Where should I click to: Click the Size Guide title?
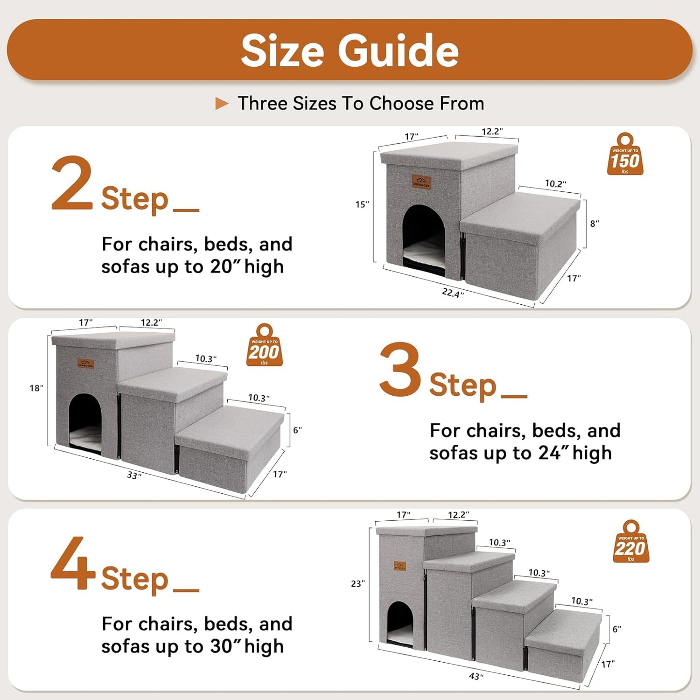point(350,51)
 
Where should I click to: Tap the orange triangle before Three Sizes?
point(221,103)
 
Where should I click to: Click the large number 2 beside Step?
point(72,184)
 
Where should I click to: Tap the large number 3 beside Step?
point(400,370)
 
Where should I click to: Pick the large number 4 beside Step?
point(73,564)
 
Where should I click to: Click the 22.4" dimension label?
point(452,293)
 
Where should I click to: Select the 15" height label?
point(362,204)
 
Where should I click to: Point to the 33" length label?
point(134,475)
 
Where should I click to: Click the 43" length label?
point(476,676)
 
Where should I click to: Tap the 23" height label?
point(358,584)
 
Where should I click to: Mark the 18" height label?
point(36,388)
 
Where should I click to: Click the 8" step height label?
point(594,223)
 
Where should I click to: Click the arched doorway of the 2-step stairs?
point(424,237)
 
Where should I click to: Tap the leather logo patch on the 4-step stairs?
point(400,566)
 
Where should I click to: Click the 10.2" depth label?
point(555,184)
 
